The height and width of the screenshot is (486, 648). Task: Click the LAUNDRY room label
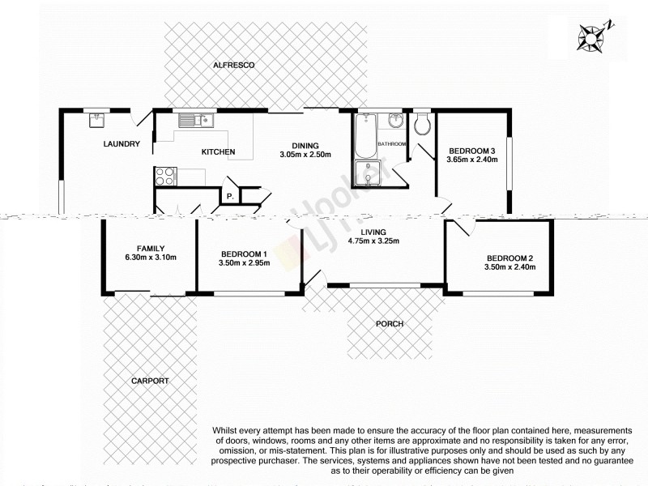[122, 144]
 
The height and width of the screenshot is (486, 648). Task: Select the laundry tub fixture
[97, 120]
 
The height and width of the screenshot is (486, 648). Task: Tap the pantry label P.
[230, 196]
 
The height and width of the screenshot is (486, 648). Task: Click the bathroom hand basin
[395, 122]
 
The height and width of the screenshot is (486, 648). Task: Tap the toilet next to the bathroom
[421, 123]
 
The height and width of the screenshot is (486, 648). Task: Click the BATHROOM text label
[392, 143]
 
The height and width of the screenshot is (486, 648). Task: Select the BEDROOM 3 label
[471, 150]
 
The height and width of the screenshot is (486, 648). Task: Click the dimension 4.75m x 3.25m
[373, 241]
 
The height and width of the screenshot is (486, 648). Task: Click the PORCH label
[390, 324]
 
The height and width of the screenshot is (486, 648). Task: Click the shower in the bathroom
[369, 175]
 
